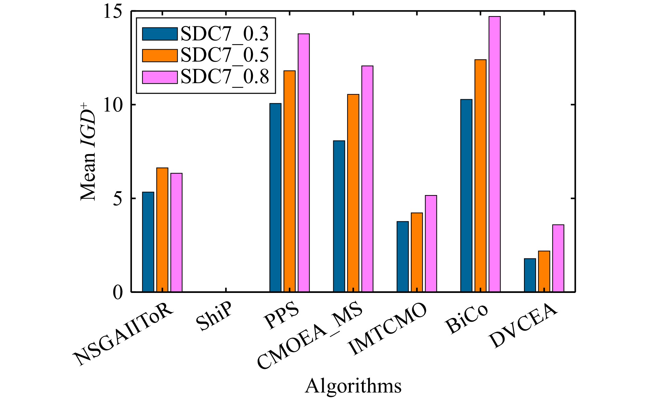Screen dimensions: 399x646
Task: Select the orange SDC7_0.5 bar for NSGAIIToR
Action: [x=162, y=230]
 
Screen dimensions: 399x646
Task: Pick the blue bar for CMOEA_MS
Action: [x=339, y=216]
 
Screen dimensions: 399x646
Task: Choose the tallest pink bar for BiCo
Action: [x=494, y=154]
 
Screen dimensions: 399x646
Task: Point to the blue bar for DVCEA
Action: [x=530, y=275]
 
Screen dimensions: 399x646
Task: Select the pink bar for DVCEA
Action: [x=558, y=258]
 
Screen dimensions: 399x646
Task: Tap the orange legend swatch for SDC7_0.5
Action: [x=160, y=55]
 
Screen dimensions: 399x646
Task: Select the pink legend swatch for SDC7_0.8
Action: [x=160, y=77]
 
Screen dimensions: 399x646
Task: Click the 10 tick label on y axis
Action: [x=113, y=105]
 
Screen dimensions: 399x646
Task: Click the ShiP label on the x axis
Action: [x=214, y=317]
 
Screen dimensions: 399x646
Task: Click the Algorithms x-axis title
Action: [x=353, y=386]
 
